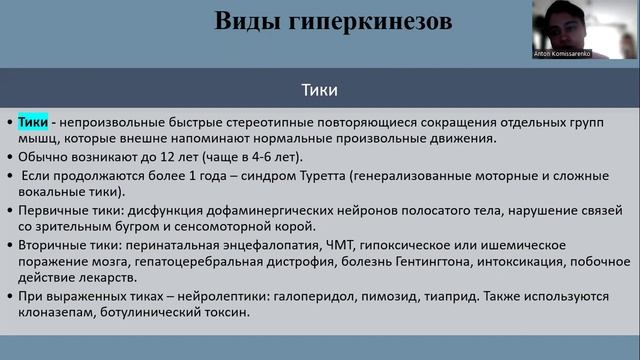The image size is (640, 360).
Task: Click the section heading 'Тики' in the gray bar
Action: tap(319, 89)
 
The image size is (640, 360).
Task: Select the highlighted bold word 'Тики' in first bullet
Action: tap(33, 122)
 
